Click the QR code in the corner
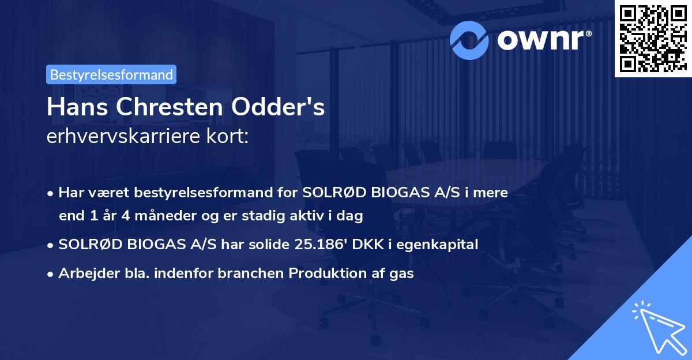click(652, 37)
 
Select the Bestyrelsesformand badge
click(111, 74)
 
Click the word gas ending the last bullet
click(403, 273)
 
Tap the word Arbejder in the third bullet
click(82, 273)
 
